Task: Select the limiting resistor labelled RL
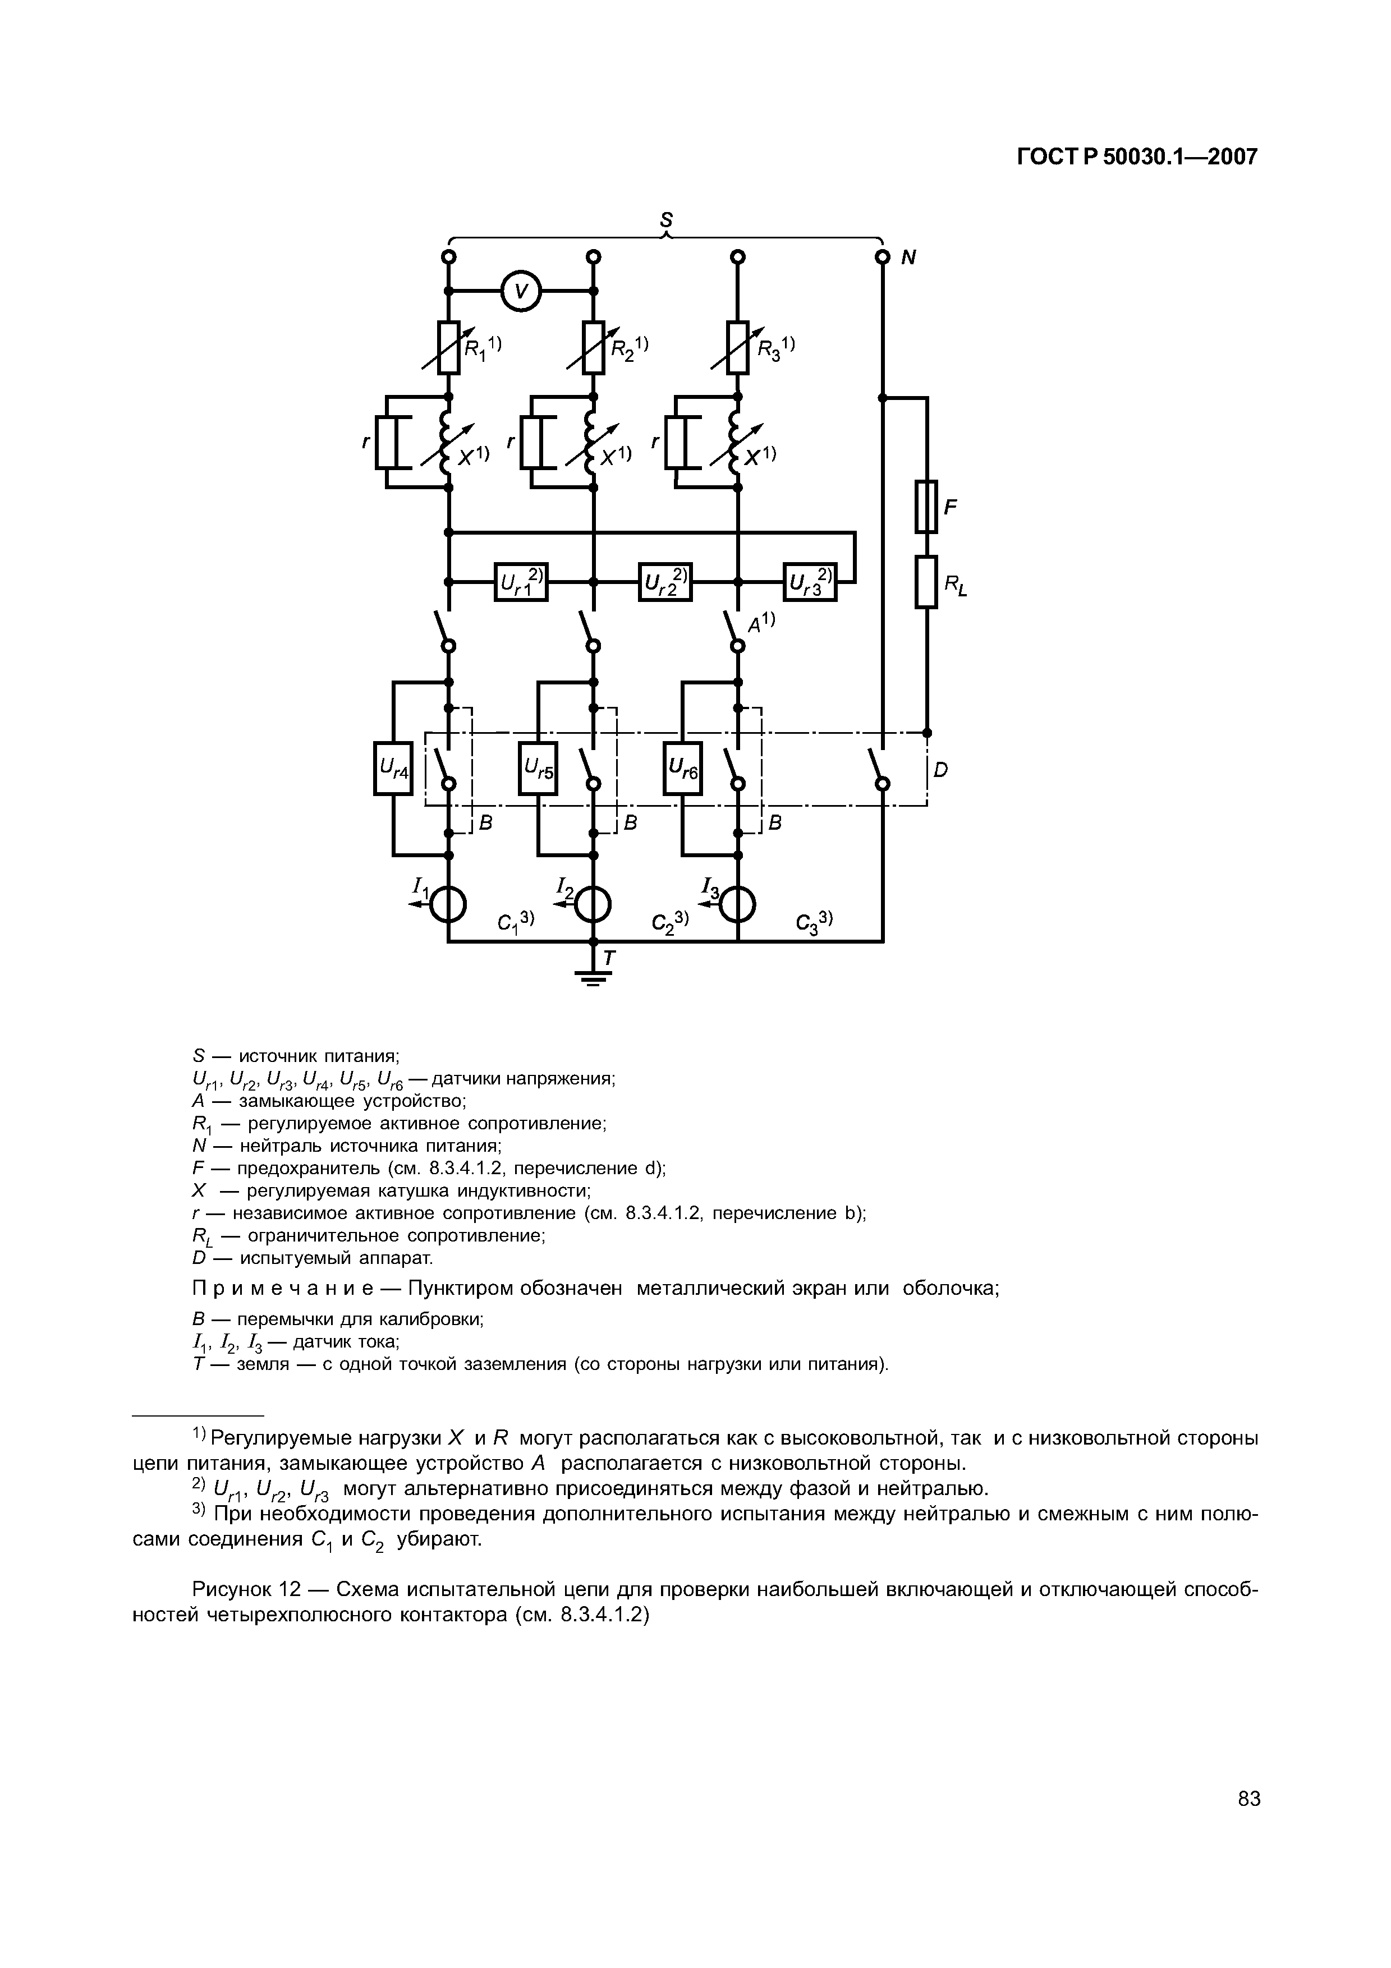point(926,581)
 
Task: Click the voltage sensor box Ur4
point(393,768)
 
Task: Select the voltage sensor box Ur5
point(538,768)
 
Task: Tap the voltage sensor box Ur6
point(683,768)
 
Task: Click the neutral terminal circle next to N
point(882,257)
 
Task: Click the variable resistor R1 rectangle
point(448,347)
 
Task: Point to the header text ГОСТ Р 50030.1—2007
point(1136,157)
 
